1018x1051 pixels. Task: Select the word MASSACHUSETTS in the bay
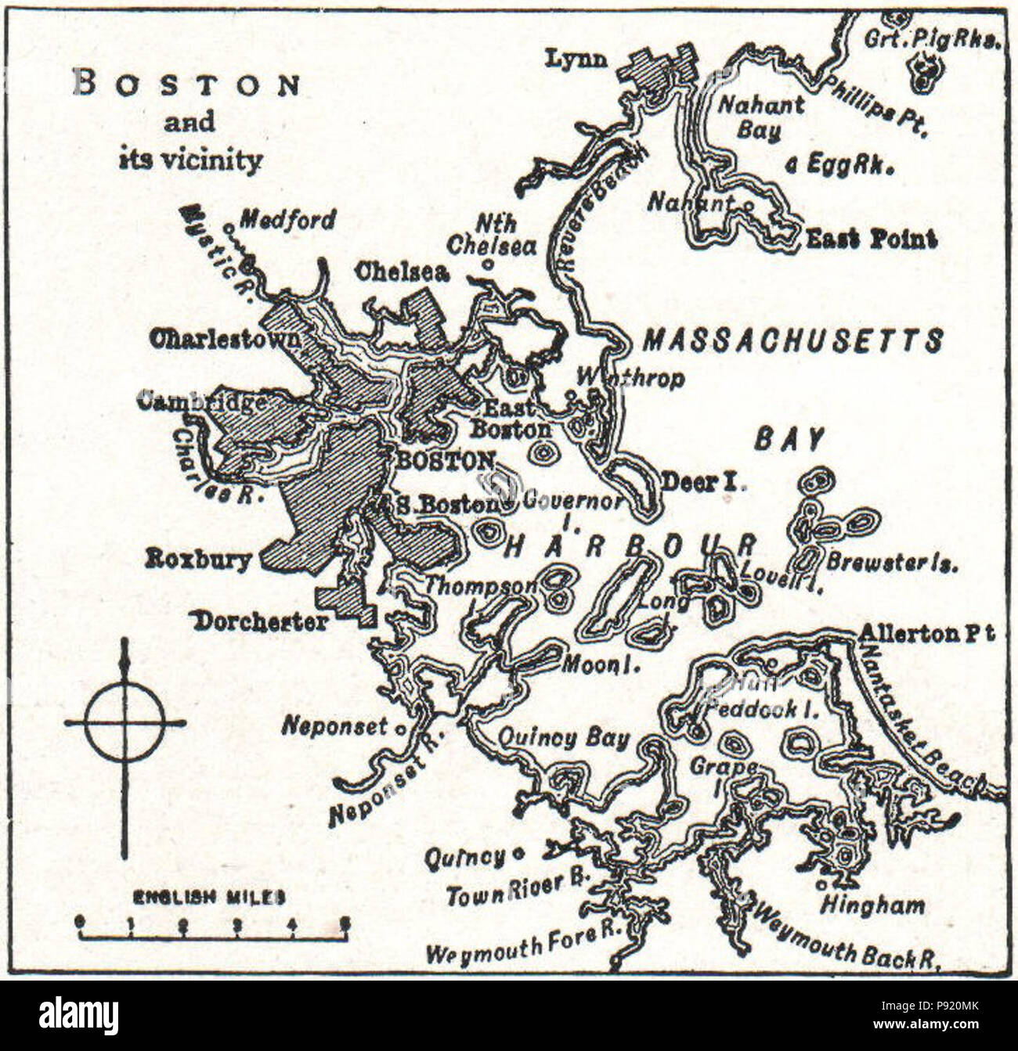792,340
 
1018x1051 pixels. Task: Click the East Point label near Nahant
871,239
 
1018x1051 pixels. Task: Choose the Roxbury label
199,559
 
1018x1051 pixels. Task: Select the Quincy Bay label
564,738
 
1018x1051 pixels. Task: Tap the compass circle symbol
125,722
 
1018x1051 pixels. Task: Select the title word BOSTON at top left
186,84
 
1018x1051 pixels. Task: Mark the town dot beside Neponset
402,729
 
